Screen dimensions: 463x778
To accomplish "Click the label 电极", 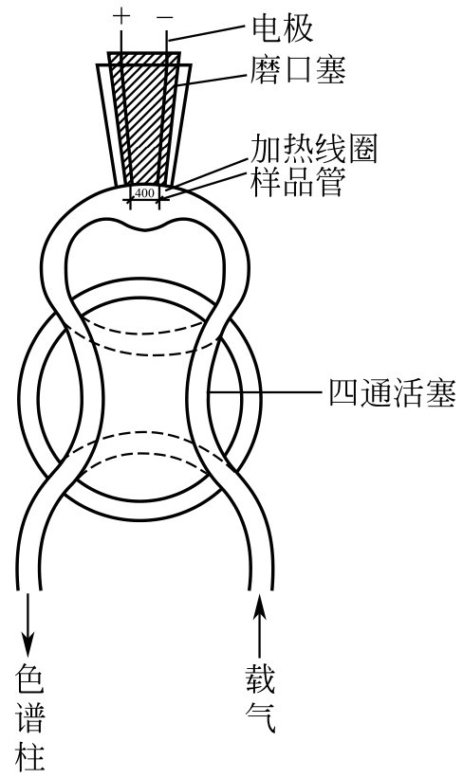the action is [283, 28].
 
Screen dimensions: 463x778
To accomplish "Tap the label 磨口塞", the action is [298, 69].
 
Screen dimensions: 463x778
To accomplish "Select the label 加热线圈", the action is [313, 149].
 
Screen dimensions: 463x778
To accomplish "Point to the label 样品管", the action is [297, 182].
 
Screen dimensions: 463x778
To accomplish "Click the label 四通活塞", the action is [393, 393].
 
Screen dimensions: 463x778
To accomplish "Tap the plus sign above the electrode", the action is [120, 17].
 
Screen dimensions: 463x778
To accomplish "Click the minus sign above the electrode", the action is [165, 18].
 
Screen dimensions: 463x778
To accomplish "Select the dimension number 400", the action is [144, 193].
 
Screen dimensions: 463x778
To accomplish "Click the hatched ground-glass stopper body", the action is [145, 119].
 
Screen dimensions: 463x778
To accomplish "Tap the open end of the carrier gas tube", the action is [261, 589].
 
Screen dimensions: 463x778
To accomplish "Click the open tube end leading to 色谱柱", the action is [28, 589].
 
